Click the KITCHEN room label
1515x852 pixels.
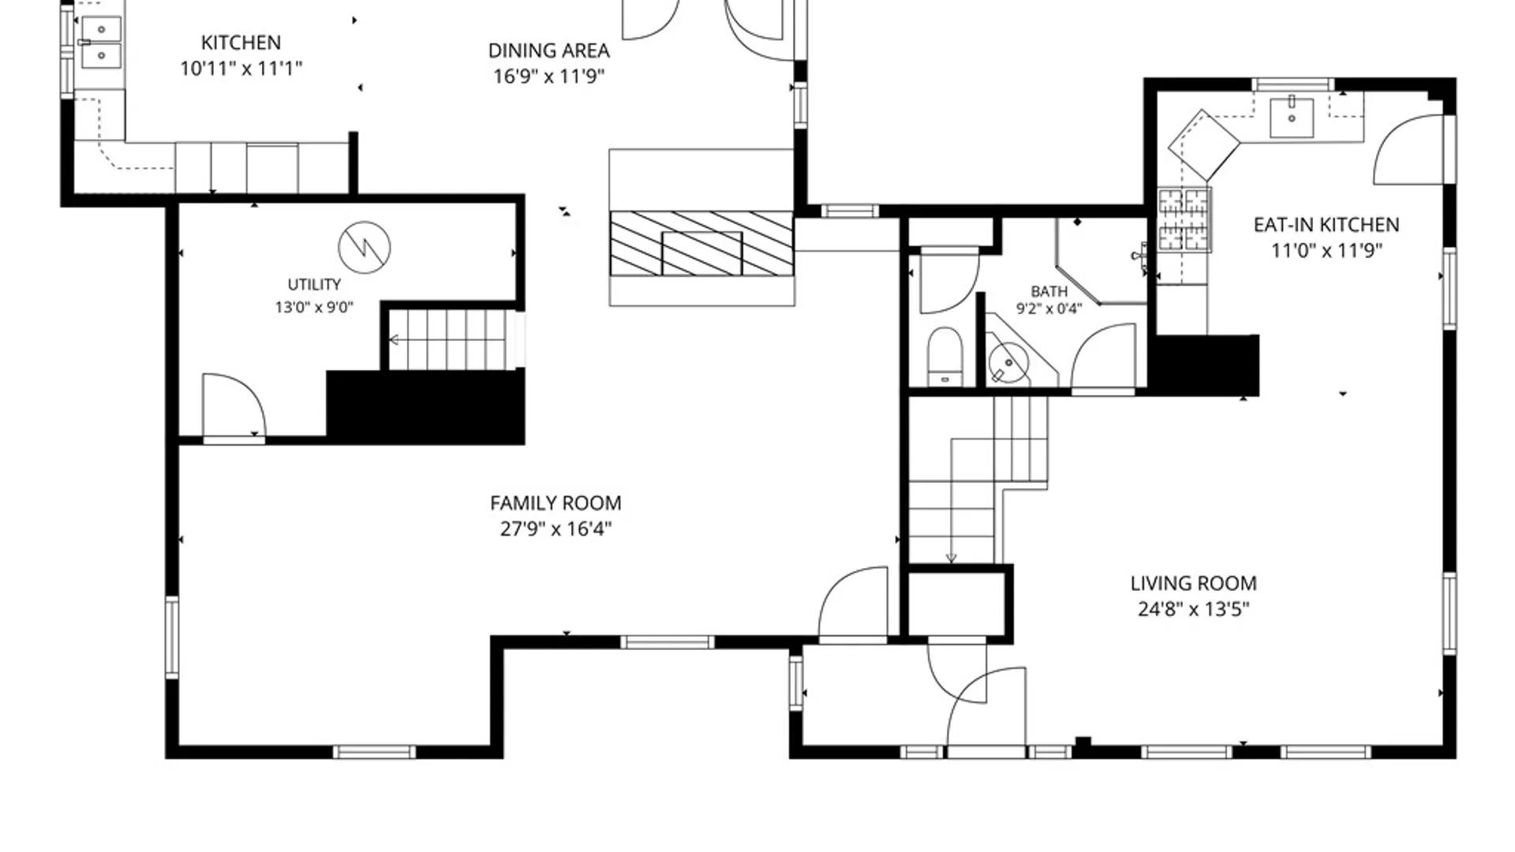(241, 43)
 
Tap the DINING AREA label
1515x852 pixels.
(549, 50)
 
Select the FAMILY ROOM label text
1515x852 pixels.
(555, 503)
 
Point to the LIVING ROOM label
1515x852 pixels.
(1193, 584)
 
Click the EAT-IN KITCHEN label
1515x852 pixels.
(1326, 225)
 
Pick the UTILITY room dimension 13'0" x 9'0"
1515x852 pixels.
(314, 308)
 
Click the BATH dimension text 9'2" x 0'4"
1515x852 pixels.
(1049, 309)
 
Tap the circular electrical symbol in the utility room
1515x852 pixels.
(365, 247)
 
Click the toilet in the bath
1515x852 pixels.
(945, 357)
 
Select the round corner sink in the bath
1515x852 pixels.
(1008, 363)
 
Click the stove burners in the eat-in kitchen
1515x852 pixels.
(1184, 219)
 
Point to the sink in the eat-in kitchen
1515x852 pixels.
(1292, 117)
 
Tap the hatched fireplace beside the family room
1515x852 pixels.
(701, 243)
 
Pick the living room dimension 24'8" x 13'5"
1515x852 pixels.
(1193, 609)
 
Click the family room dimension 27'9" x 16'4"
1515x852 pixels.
(555, 529)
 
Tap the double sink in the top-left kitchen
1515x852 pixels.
(101, 42)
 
